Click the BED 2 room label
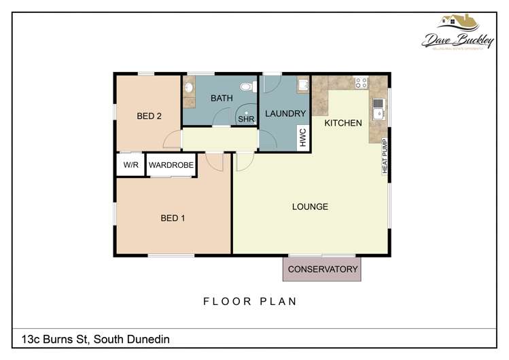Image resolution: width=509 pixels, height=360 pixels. point(149,116)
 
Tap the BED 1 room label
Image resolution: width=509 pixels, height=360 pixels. point(173,218)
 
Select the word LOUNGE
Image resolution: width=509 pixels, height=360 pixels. point(310,206)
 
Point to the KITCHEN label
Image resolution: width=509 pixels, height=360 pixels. point(343,123)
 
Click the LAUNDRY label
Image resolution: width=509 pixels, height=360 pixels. point(285,113)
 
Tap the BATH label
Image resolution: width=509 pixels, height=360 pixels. point(222,98)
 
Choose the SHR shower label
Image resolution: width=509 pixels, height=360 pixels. point(245,119)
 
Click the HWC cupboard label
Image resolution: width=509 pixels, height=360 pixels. point(303,138)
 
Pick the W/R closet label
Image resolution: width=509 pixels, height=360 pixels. point(130,165)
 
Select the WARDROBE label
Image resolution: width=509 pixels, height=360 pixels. point(171,165)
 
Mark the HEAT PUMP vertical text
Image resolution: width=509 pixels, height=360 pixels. point(384,156)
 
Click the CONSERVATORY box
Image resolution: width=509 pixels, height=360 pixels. point(322,269)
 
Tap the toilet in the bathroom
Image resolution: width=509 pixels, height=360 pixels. point(251,86)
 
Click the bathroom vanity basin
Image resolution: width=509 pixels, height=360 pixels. point(188,87)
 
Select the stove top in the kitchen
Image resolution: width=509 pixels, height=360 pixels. point(360,84)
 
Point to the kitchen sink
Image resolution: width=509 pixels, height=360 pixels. point(377,107)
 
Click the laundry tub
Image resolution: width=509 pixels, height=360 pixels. point(303,85)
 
